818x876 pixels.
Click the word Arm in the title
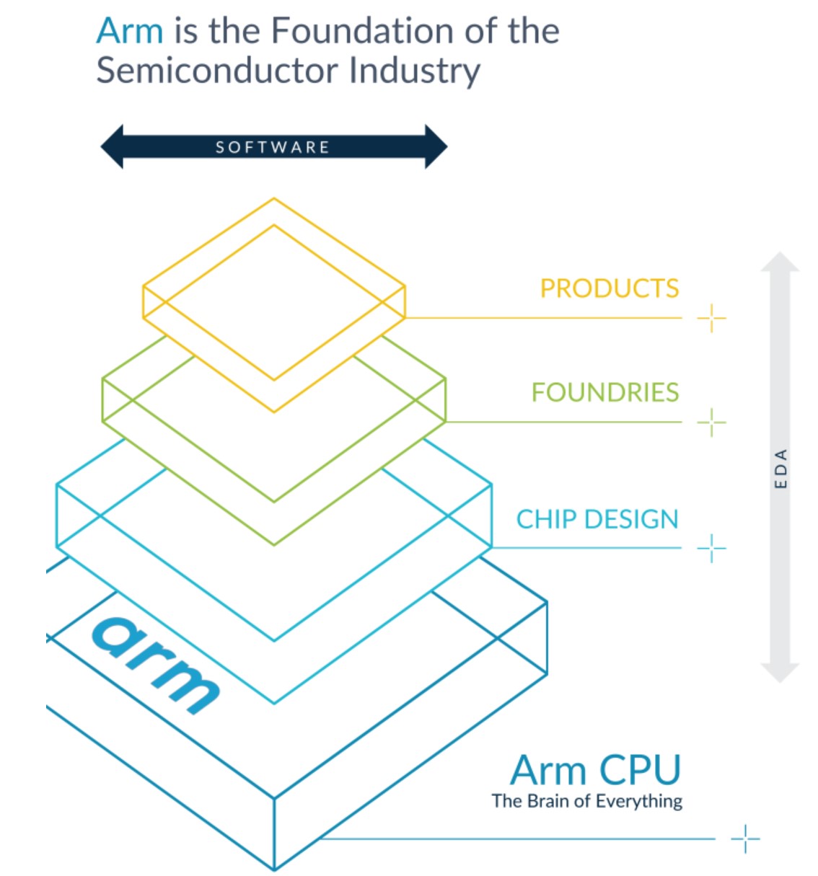130,32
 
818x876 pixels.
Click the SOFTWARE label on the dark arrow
273,147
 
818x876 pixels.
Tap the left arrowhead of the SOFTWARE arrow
113,147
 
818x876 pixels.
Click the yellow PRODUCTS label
610,288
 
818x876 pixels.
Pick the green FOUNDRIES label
605,392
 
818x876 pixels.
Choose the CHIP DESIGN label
597,519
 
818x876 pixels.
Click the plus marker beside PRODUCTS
711,318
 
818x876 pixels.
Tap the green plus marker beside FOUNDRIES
711,422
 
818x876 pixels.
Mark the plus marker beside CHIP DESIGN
711,549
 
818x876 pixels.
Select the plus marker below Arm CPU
745,839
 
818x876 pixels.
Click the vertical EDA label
780,469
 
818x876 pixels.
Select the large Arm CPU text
595,770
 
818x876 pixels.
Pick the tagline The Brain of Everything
586,801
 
